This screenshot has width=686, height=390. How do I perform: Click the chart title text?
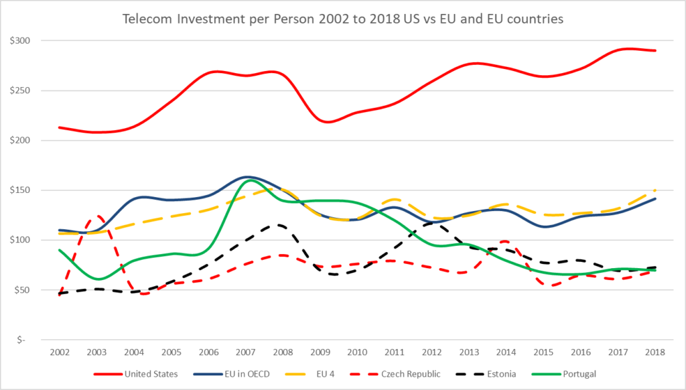coord(343,19)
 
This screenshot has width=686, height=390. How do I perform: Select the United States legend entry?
coord(151,374)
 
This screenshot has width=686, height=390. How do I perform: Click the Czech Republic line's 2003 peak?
coord(97,216)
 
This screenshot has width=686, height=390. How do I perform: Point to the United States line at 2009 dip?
coord(328,122)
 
